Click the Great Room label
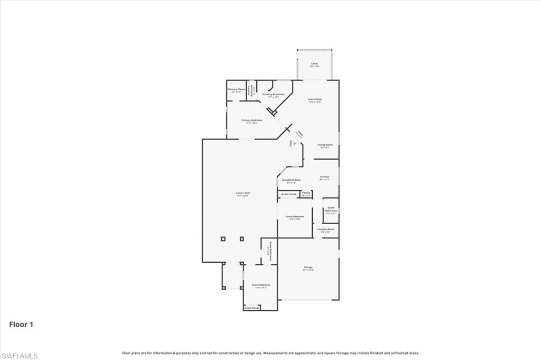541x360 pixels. tap(315, 99)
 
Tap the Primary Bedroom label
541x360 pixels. tap(252, 121)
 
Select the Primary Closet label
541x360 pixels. tap(236, 89)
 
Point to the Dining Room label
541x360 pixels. tap(325, 145)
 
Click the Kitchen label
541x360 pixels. tap(324, 177)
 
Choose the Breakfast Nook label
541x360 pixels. tap(291, 180)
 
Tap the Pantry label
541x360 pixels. tap(306, 193)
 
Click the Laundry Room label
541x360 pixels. tap(325, 229)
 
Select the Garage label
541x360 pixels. tap(309, 267)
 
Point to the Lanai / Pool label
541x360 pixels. tap(242, 193)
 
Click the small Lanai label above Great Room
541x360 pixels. tap(314, 64)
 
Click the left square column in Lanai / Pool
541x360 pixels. tap(223, 238)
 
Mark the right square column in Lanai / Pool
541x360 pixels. tap(242, 238)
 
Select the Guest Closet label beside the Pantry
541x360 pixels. tap(288, 194)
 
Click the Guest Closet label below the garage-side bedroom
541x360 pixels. tap(252, 308)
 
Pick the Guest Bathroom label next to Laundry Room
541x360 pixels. tap(331, 209)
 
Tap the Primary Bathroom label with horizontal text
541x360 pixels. tap(274, 95)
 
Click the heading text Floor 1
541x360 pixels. tap(21, 325)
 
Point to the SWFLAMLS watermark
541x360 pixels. tap(20, 356)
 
